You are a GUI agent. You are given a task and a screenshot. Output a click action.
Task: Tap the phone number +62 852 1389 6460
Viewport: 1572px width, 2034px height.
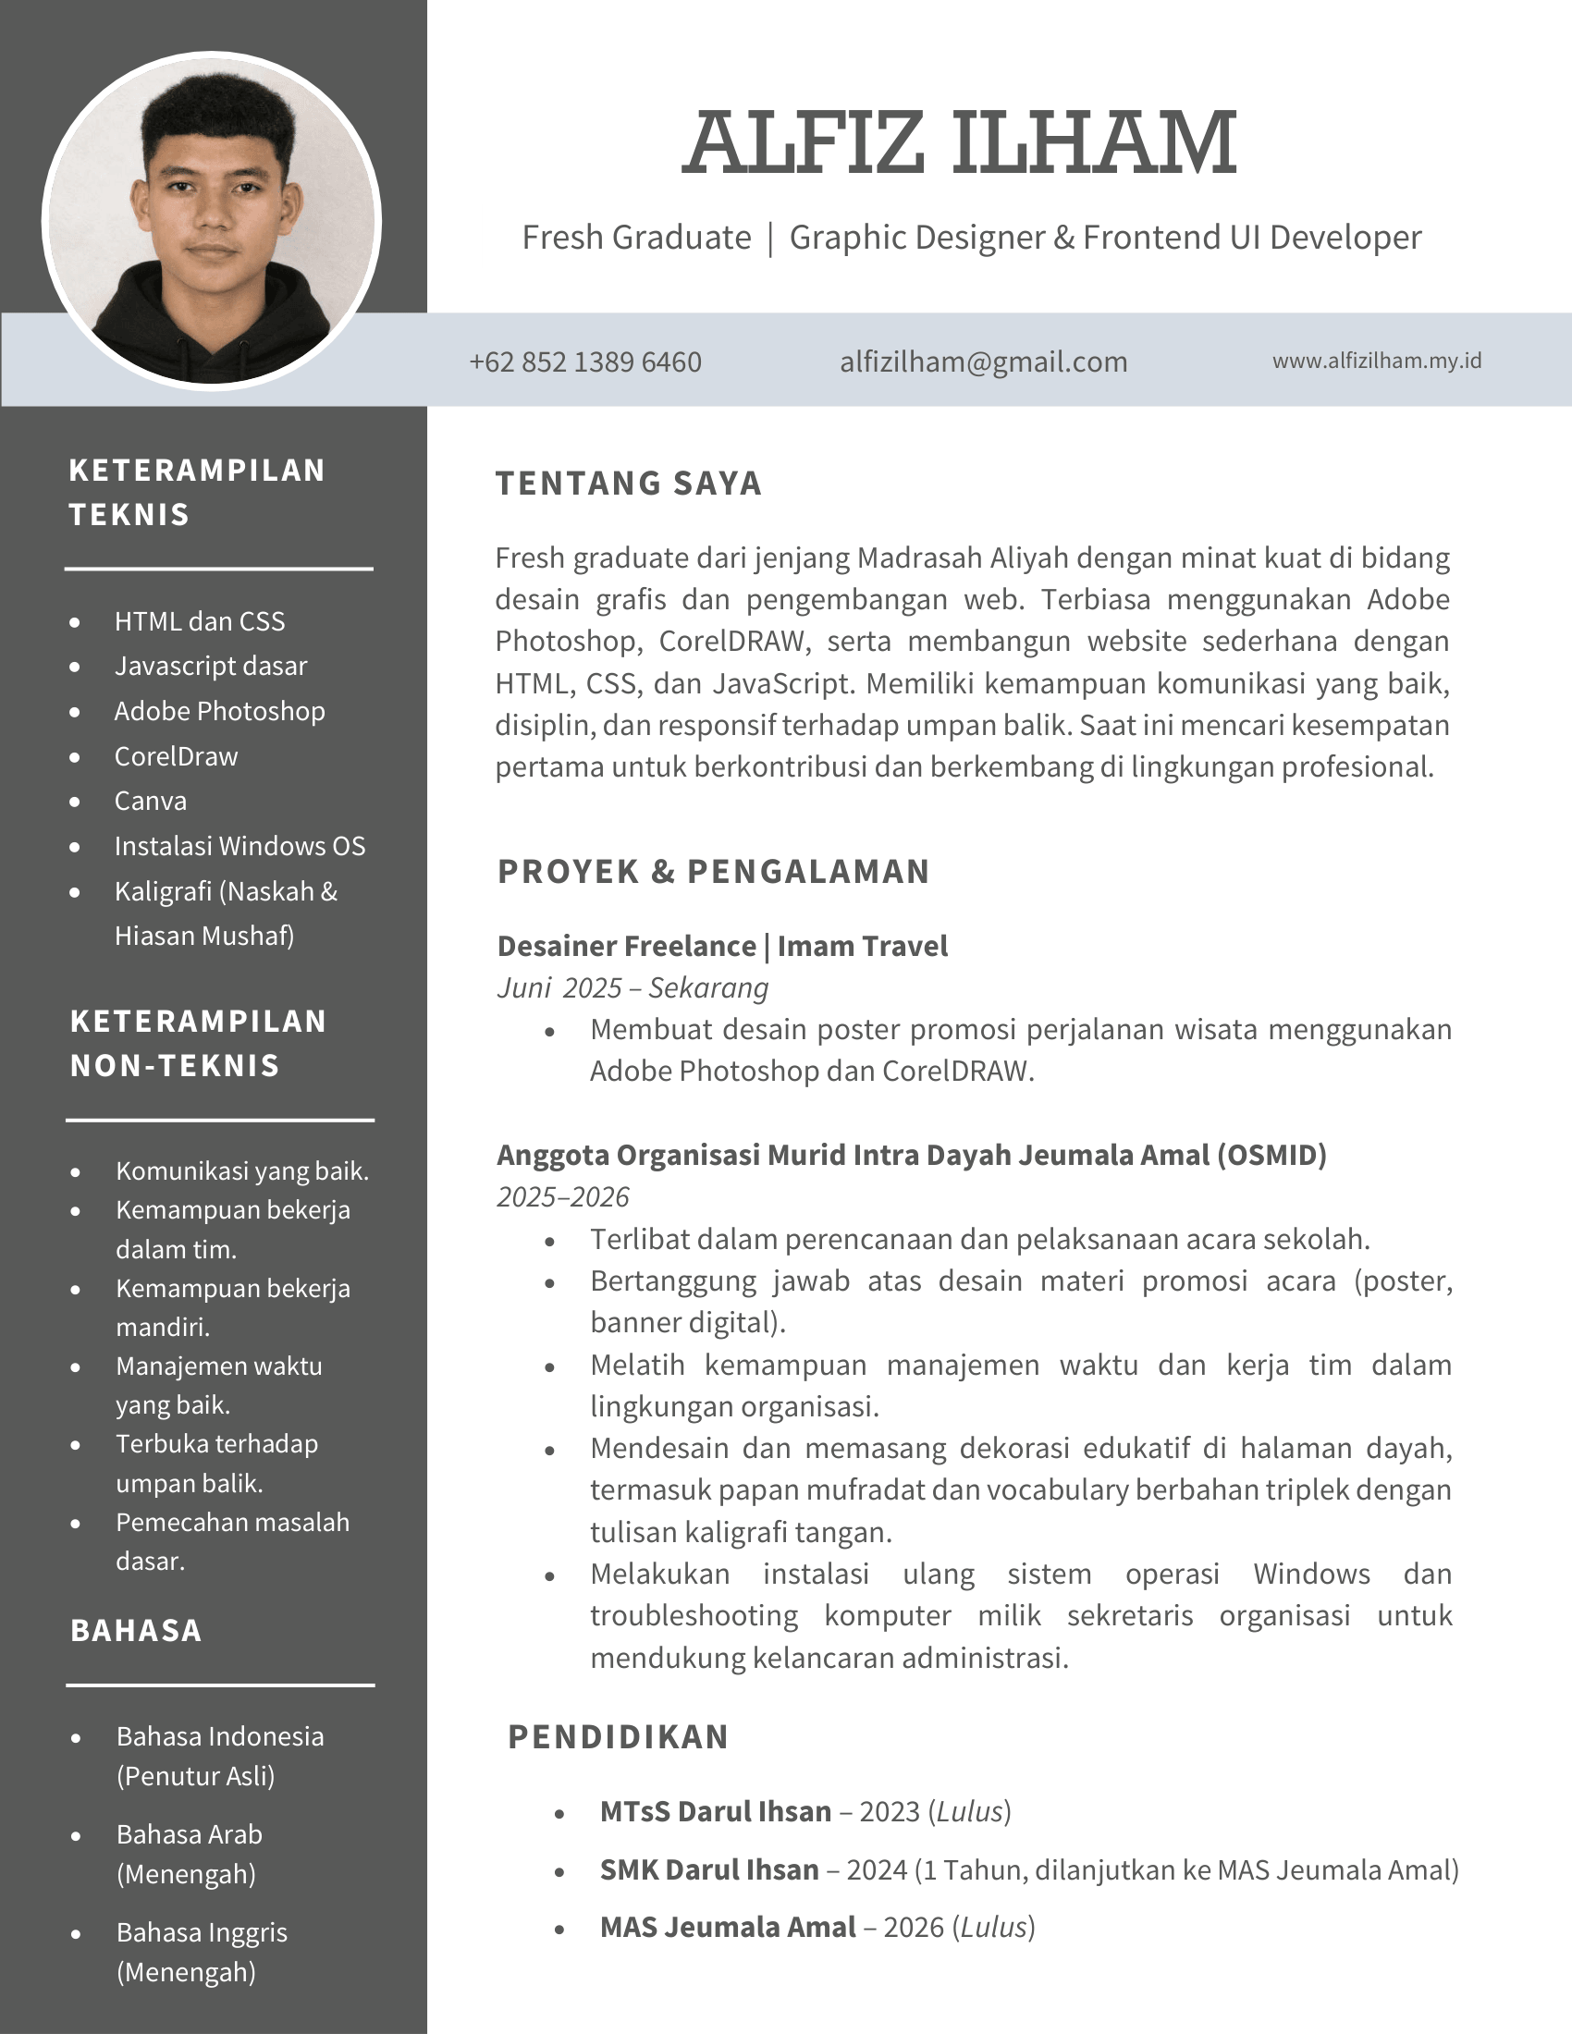coord(584,361)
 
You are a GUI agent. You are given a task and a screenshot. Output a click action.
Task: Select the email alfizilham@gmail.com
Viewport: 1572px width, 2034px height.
coord(984,361)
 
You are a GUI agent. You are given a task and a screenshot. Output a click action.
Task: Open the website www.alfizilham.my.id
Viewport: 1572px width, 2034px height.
coord(1377,361)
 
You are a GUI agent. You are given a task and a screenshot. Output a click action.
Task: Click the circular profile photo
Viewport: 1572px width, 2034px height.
coord(213,222)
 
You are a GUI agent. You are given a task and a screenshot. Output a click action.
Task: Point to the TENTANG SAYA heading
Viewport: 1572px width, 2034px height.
coord(629,484)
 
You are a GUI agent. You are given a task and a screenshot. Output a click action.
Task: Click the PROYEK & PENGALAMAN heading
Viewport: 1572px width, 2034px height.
coord(713,871)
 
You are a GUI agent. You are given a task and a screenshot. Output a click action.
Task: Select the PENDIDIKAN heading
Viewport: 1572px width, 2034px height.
coord(619,1737)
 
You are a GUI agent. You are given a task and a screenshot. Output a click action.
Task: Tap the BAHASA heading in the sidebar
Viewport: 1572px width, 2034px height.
coord(136,1631)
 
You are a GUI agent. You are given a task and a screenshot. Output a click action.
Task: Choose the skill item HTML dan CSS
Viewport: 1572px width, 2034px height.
coord(200,621)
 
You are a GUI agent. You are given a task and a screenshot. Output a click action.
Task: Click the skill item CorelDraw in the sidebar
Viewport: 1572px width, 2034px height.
coord(176,756)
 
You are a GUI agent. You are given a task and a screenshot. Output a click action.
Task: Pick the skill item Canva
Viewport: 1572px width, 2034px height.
coord(150,801)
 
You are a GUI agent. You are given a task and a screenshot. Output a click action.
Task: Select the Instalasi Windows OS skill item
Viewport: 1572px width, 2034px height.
coord(239,846)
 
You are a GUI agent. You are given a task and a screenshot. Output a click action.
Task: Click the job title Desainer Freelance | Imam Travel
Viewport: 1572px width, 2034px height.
coord(722,946)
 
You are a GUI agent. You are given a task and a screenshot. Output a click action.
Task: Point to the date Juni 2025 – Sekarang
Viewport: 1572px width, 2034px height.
coord(632,987)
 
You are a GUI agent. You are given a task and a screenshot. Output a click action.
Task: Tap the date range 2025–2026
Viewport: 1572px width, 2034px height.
coord(562,1196)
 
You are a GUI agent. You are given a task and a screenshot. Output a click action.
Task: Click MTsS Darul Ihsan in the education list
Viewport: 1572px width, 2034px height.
coord(715,1811)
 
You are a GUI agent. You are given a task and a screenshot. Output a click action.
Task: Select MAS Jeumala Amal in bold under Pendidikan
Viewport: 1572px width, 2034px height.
coord(728,1927)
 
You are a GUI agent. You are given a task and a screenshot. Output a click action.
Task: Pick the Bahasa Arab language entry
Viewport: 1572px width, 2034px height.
coord(189,1834)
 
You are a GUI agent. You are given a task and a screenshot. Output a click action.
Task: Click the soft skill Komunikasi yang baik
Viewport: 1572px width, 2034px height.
coord(242,1170)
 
